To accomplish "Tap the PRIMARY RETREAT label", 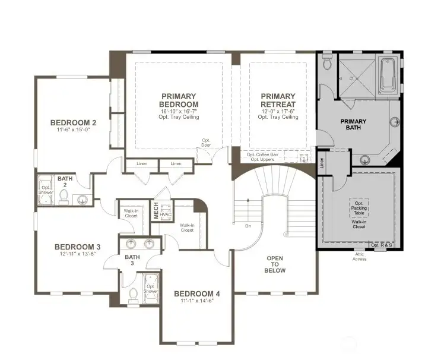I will [278, 100].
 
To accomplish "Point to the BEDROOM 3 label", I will [77, 247].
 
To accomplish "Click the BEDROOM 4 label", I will [196, 293].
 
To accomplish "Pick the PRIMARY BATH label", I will [353, 124].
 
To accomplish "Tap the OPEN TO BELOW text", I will [275, 264].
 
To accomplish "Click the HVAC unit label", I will [166, 214].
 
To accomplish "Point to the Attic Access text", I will [359, 256].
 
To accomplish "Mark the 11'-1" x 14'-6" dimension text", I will [196, 301].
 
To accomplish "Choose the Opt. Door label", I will [206, 143].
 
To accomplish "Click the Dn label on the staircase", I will [247, 226].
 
